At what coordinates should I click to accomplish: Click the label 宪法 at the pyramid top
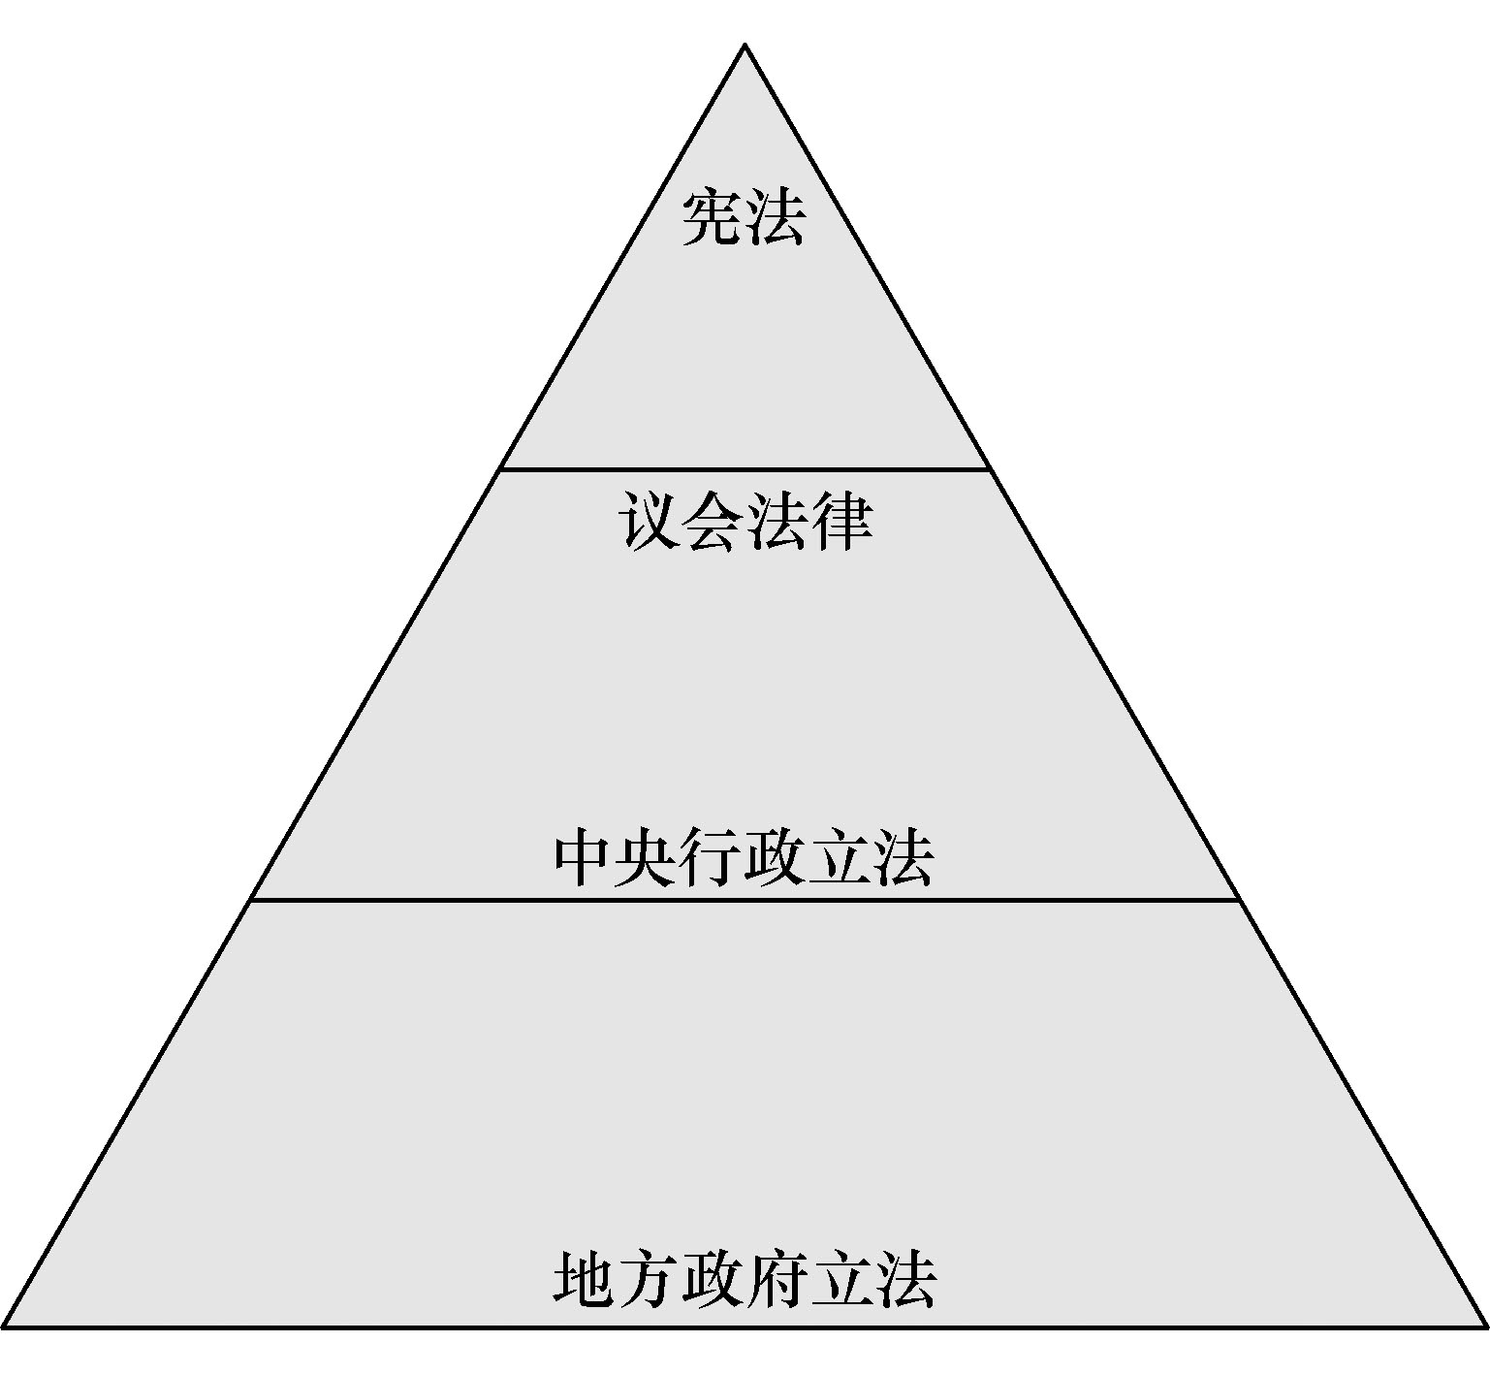(744, 218)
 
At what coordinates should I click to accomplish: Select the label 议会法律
(745, 524)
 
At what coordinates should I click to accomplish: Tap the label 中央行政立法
(745, 857)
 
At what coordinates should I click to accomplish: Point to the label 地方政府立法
(745, 1278)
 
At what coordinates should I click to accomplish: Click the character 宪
(713, 218)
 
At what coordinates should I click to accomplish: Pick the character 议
(650, 524)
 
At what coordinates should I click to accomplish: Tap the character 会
(713, 524)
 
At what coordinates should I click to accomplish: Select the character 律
(840, 524)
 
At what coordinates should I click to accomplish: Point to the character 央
(649, 857)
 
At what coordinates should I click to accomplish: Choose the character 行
(713, 857)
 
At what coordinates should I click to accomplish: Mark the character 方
(649, 1278)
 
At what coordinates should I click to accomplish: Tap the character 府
(777, 1278)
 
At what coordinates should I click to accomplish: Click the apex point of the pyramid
(745, 45)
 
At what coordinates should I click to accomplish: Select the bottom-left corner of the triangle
(5, 1326)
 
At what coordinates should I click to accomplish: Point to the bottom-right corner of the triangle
(1485, 1326)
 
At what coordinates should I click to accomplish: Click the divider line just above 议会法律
(745, 470)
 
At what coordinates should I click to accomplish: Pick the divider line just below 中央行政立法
(745, 901)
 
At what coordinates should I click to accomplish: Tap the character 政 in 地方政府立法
(713, 1278)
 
